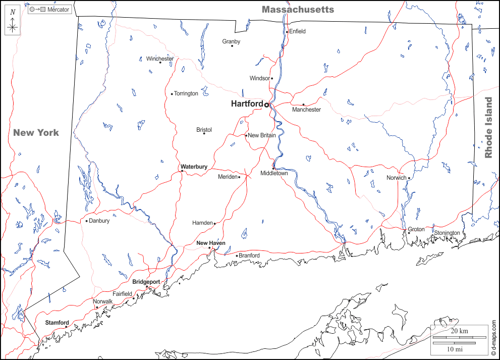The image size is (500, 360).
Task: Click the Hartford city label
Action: point(247,104)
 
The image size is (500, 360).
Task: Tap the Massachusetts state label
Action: point(298,10)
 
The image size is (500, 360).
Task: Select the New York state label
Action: point(36,133)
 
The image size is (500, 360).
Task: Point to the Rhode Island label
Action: point(488,128)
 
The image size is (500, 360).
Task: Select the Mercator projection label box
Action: point(49,10)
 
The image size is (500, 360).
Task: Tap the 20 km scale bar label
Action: point(460,331)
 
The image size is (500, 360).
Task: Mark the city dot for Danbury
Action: point(87,221)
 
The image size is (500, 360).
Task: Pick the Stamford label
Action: point(57,323)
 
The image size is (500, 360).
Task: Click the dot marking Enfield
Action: point(287,32)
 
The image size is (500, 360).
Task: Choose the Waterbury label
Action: point(194,167)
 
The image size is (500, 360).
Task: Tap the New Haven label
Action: point(210,243)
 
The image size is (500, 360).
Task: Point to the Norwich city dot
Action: point(409,178)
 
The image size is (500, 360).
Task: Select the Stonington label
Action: point(447,233)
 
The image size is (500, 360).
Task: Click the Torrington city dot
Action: point(172,93)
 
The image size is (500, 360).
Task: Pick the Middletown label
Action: point(274,173)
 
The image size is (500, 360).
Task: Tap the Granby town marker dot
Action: point(232,46)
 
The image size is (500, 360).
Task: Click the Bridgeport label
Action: point(146,282)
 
